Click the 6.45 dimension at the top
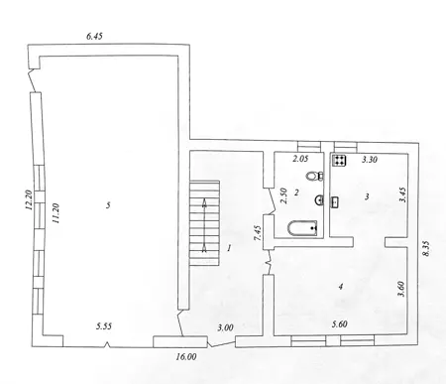[94, 36]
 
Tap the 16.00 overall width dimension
[186, 356]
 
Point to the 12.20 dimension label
[28, 200]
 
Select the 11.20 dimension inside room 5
[56, 213]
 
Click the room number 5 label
[108, 205]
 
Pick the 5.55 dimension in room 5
[104, 326]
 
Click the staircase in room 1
[204, 223]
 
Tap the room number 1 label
[229, 248]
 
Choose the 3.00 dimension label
[225, 327]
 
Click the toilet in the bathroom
[315, 176]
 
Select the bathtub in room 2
[302, 228]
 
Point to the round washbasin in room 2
[320, 199]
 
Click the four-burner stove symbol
[339, 161]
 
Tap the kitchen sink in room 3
[334, 201]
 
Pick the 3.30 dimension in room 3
[370, 160]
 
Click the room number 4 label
[341, 286]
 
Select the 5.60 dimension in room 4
[339, 324]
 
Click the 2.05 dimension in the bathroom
[300, 159]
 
